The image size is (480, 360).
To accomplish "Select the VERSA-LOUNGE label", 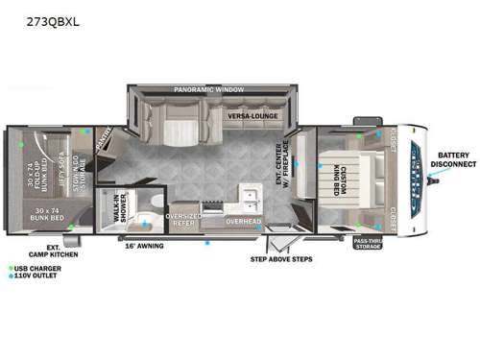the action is click(x=253, y=116).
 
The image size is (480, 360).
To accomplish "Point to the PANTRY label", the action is click(x=107, y=141).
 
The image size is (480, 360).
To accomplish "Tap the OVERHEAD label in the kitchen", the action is click(x=244, y=222).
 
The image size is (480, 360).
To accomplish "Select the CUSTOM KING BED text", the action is click(x=342, y=175).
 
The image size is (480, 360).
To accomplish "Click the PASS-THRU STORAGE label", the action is click(x=369, y=244).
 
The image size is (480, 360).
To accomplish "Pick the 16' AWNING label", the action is click(x=143, y=247).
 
